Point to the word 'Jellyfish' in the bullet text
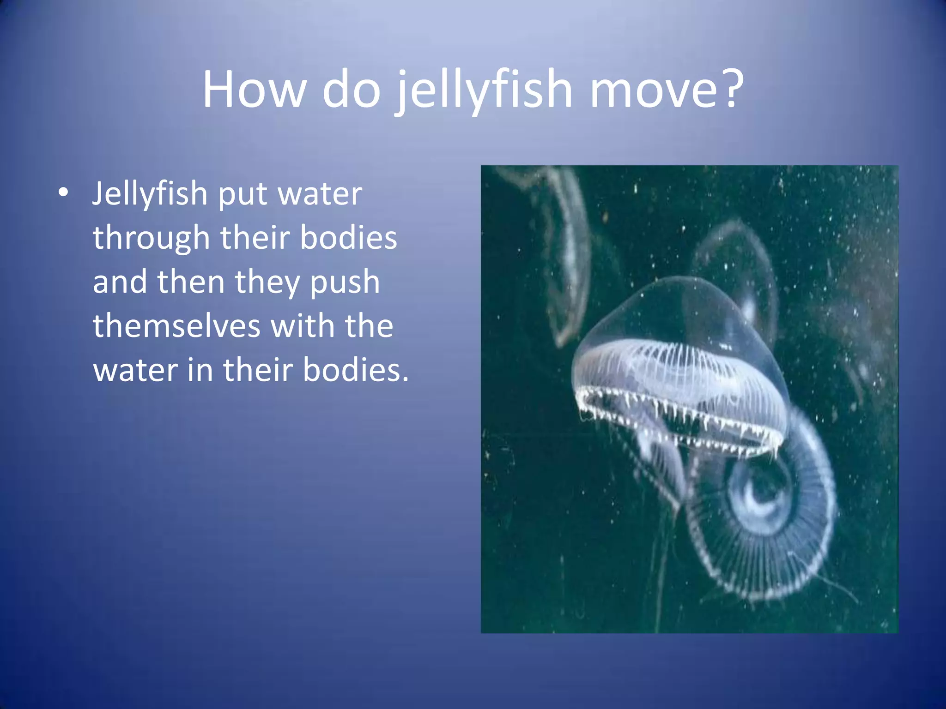pyautogui.click(x=150, y=194)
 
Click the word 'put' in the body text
pyautogui.click(x=243, y=195)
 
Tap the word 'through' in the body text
pyautogui.click(x=152, y=238)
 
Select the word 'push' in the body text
pyautogui.click(x=345, y=283)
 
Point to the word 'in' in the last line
pyautogui.click(x=200, y=370)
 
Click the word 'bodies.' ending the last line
pyautogui.click(x=356, y=370)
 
